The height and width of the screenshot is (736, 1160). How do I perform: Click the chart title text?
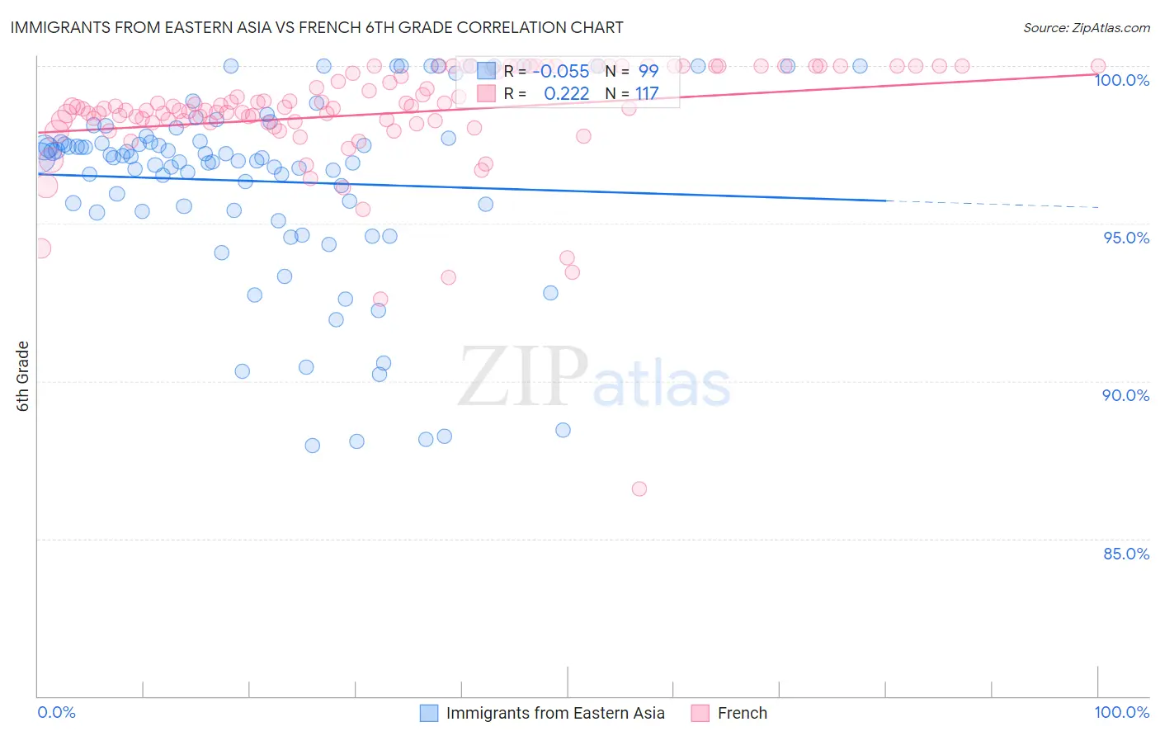pos(316,27)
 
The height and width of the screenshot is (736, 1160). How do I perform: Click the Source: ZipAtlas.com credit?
pos(1086,27)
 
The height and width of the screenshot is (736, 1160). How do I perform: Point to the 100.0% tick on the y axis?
pos(1121,80)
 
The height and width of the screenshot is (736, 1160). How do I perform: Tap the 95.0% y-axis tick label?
pos(1126,238)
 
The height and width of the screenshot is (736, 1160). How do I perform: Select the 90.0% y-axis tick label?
pos(1126,395)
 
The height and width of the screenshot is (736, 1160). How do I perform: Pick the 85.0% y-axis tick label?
pos(1126,554)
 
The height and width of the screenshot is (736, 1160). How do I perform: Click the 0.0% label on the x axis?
pos(56,712)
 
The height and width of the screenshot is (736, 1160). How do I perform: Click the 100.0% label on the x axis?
pos(1121,712)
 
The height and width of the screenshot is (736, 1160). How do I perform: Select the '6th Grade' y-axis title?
pos(23,376)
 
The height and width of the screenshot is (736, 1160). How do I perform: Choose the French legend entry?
pos(742,713)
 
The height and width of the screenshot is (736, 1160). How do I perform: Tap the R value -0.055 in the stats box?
pos(561,71)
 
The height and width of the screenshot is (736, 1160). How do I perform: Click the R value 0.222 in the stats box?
pos(567,93)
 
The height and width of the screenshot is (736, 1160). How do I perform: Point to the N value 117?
pos(647,93)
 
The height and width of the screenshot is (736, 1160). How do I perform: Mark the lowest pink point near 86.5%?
pos(639,488)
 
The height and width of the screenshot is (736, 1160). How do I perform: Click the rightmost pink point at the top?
pos(1097,66)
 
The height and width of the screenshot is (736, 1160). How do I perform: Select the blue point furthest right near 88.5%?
pos(563,430)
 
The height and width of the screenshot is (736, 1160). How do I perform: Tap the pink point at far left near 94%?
pos(40,248)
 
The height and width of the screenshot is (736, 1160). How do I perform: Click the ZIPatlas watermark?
pos(594,378)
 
